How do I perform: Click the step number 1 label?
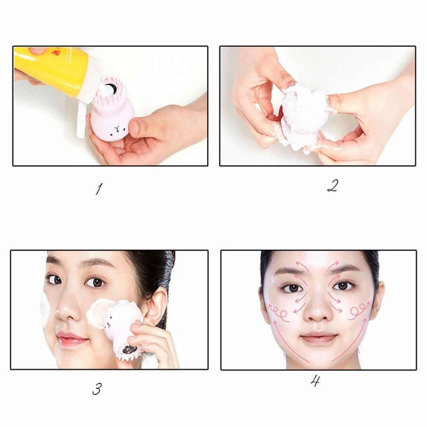point(99,188)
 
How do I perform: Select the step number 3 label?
point(97,389)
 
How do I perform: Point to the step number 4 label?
point(315,380)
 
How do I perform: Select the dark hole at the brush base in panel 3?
point(127,351)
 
